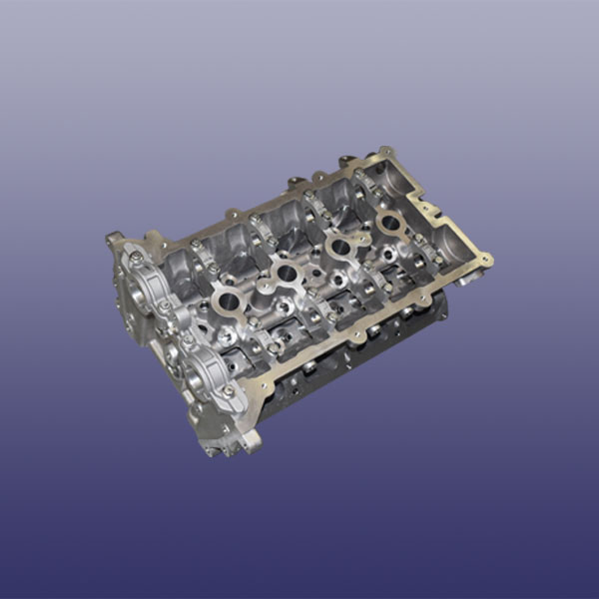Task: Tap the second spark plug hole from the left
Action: click(286, 271)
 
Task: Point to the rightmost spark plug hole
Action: click(390, 222)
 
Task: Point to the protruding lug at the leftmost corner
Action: click(114, 241)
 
